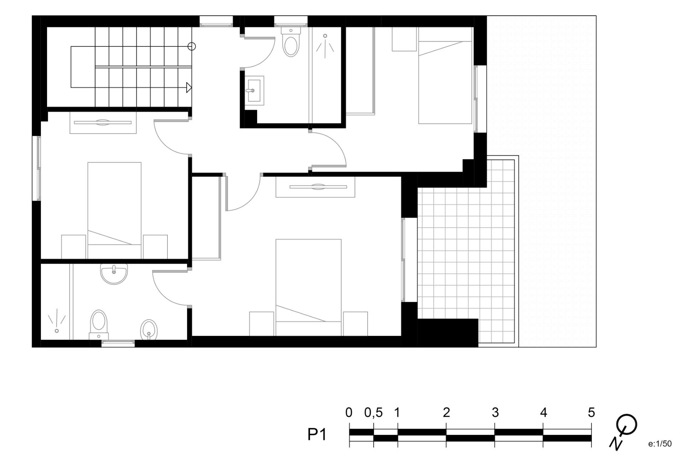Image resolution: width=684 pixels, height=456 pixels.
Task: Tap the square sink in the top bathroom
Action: [x=254, y=90]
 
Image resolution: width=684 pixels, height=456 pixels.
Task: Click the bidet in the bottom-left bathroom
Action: [x=149, y=330]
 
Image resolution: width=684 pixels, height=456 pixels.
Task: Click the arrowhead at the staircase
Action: [x=189, y=87]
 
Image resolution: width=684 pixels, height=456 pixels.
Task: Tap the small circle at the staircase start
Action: [x=192, y=46]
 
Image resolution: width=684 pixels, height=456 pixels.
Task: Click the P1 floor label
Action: [x=317, y=435]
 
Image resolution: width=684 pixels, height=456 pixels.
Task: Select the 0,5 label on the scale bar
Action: [x=373, y=413]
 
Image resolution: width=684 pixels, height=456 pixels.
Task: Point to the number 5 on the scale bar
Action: [x=591, y=413]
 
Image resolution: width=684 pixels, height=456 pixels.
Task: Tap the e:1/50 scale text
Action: [x=660, y=444]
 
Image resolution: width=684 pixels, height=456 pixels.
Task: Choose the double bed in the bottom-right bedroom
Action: [x=309, y=287]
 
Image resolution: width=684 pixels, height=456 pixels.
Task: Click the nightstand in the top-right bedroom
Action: [x=404, y=39]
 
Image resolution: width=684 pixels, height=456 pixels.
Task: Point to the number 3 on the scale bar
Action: [x=495, y=413]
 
